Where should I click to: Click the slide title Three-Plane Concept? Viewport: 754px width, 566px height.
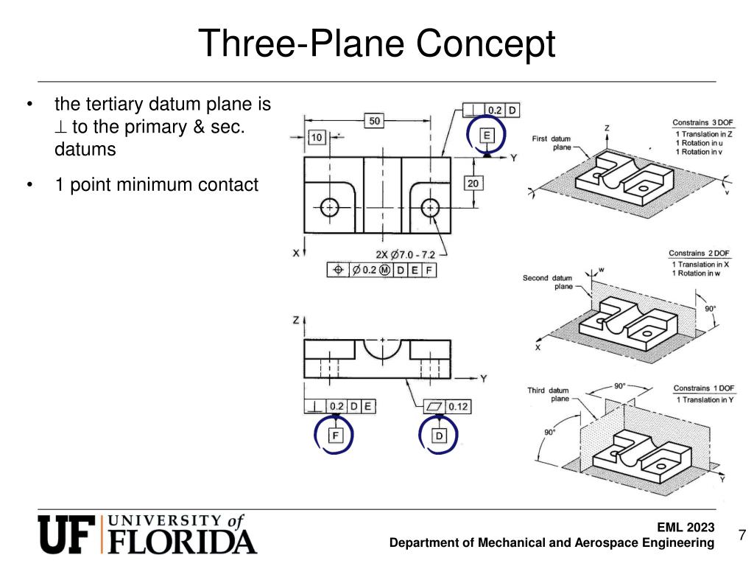click(376, 43)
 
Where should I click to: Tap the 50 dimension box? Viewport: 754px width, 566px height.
click(376, 121)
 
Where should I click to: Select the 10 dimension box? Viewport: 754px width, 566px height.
click(316, 137)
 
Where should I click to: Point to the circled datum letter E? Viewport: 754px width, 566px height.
click(487, 135)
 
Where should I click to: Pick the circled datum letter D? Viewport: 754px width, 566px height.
click(440, 436)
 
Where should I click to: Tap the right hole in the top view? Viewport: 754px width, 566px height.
click(429, 208)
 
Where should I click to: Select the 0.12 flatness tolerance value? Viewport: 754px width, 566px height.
click(458, 406)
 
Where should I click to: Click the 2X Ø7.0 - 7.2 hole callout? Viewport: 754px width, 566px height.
click(406, 254)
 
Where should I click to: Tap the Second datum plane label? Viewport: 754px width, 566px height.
click(546, 282)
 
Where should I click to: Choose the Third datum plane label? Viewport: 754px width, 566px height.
click(548, 394)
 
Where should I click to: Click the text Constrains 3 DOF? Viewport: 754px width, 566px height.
click(700, 122)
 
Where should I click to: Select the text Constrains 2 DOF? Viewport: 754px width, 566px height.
click(697, 254)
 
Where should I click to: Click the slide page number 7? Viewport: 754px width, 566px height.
click(741, 535)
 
